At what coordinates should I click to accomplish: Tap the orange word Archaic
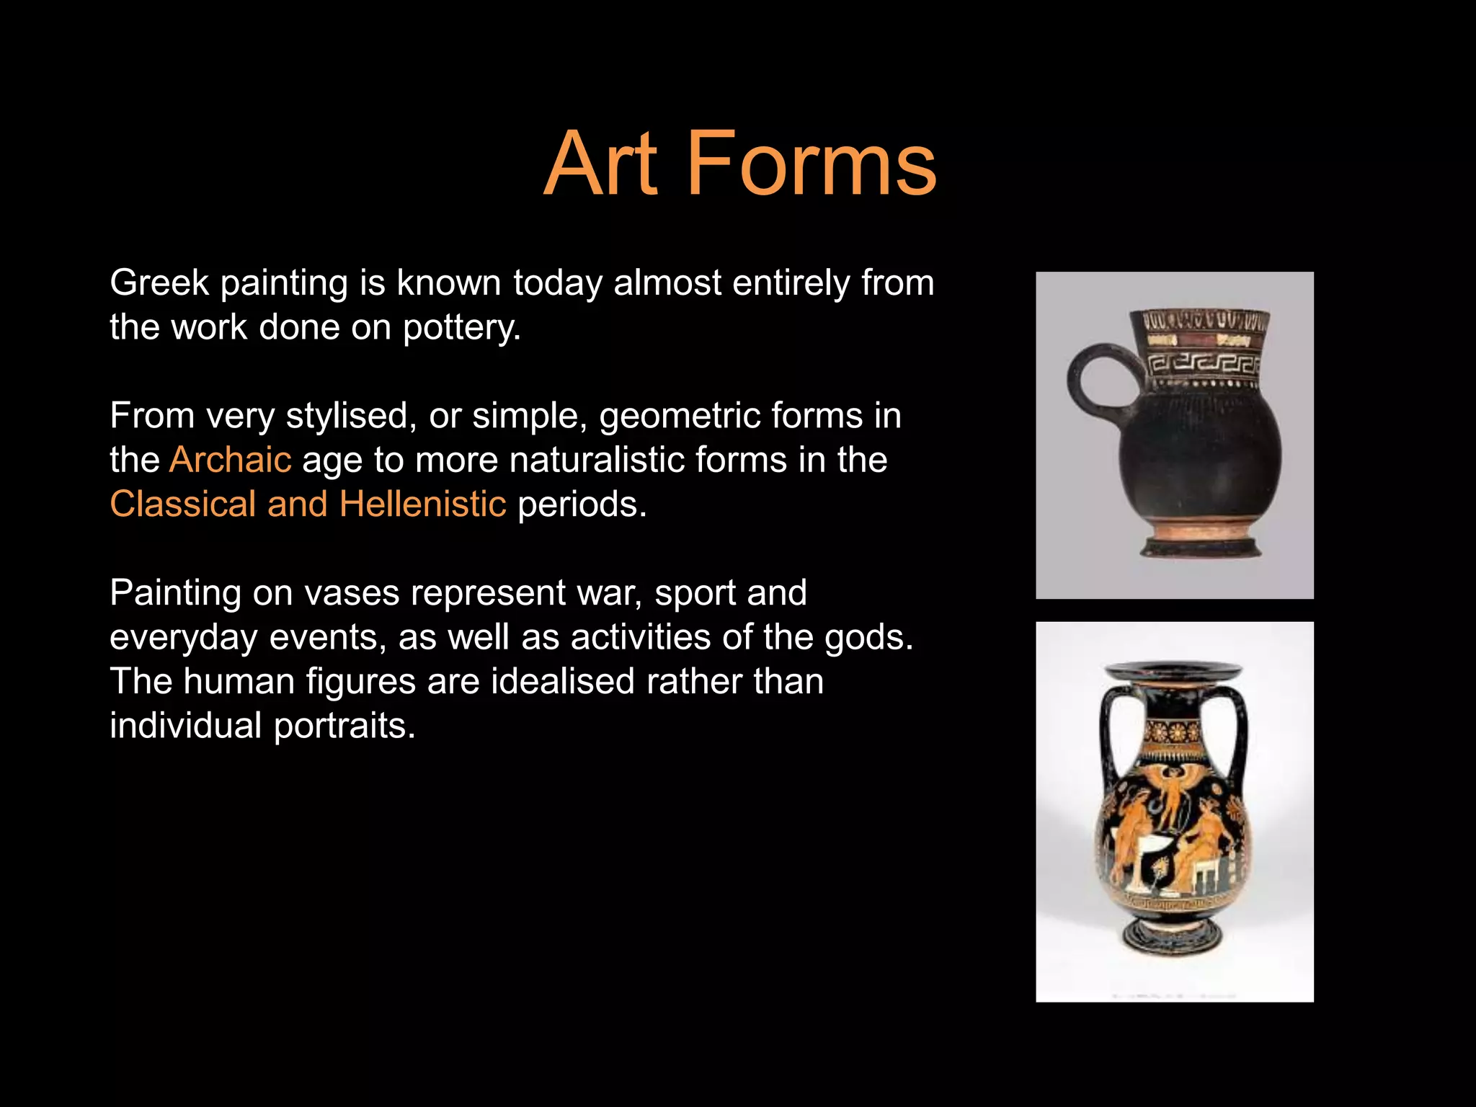pyautogui.click(x=231, y=460)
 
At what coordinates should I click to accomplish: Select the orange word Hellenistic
pyautogui.click(x=423, y=504)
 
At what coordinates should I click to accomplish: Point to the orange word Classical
pyautogui.click(x=182, y=504)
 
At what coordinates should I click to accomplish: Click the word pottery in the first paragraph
pyautogui.click(x=461, y=328)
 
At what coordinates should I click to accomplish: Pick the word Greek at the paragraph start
pyautogui.click(x=159, y=283)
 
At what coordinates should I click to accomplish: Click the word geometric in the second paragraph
pyautogui.click(x=679, y=416)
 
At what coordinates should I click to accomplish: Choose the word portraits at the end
pyautogui.click(x=344, y=726)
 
